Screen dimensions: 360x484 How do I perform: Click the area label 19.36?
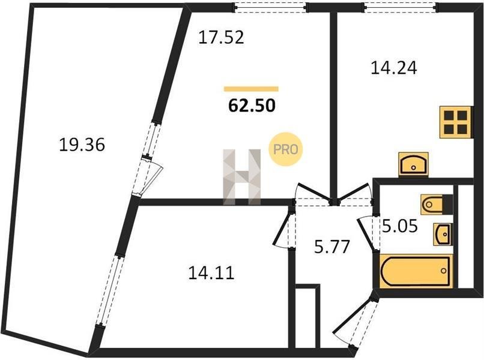[x=82, y=145]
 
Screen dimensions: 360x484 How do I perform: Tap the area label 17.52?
[x=221, y=38]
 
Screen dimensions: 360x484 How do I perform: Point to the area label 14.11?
[x=211, y=274]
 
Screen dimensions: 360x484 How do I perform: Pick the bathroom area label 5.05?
[x=398, y=226]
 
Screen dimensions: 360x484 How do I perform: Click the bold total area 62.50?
[x=252, y=106]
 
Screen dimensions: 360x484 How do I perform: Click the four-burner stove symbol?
[x=455, y=122]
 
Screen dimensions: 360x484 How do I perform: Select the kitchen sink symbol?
[x=413, y=164]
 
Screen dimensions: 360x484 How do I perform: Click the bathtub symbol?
[x=415, y=271]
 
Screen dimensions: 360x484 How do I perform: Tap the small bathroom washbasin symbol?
[x=443, y=233]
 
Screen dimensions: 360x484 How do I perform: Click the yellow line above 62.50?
[x=252, y=89]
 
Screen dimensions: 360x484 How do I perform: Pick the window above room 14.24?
[x=399, y=8]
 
